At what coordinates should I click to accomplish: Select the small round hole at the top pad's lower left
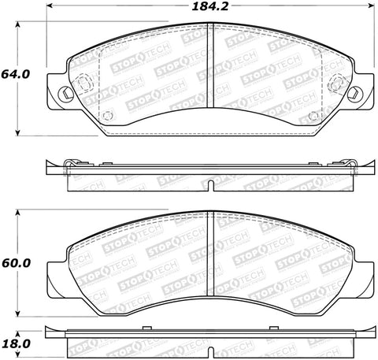109,119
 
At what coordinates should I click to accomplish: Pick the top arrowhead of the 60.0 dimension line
19,212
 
